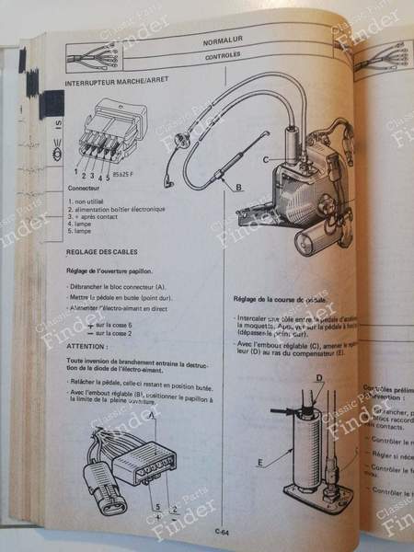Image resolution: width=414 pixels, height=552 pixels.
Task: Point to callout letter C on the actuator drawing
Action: (266, 159)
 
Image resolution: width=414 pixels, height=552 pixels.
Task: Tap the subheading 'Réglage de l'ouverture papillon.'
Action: (121, 271)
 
